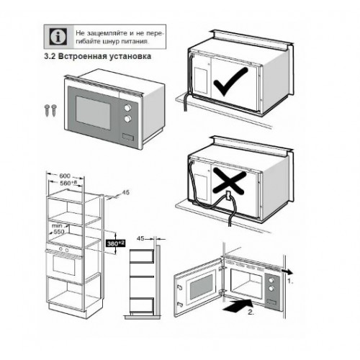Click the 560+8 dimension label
click(68, 184)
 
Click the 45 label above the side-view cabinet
click(142, 237)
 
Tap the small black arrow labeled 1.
click(287, 273)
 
